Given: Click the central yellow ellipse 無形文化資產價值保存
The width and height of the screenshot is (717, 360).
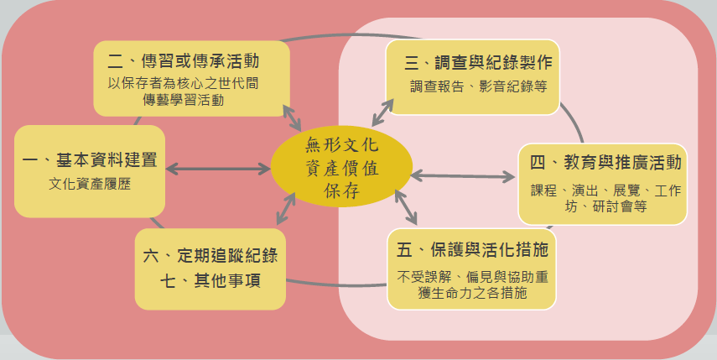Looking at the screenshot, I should click(340, 167).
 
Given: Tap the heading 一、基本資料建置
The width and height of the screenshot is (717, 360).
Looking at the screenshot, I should click(91, 160).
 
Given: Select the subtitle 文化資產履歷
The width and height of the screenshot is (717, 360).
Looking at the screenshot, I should click(91, 185).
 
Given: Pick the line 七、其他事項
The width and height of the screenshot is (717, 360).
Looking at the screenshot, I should click(210, 280).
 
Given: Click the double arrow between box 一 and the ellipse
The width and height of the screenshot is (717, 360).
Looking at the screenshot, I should click(218, 168).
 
